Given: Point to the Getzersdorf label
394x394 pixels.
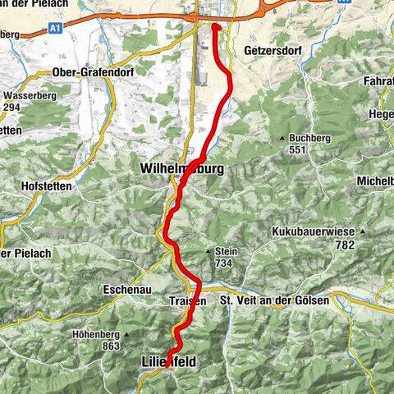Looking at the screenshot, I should pos(268,50).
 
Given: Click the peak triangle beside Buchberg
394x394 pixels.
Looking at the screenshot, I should pos(282,138).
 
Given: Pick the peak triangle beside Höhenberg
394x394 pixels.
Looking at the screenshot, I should pos(128,334).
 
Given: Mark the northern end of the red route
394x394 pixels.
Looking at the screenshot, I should pos(215,26).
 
